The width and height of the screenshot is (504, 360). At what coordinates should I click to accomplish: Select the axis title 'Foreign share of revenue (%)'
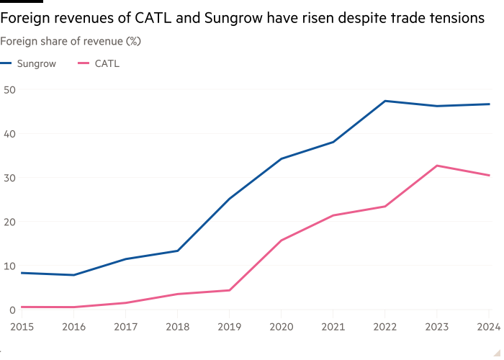pos(71,42)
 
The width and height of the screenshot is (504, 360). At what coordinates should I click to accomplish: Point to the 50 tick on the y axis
pos(9,90)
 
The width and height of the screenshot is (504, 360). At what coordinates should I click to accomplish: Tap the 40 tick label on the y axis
pos(9,134)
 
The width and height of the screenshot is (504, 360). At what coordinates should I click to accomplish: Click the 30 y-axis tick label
pos(9,178)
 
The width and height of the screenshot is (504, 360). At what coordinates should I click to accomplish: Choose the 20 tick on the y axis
pos(9,222)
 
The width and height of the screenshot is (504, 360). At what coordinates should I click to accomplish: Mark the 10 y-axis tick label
pos(9,266)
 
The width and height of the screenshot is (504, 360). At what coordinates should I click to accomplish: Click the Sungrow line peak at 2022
pos(385,101)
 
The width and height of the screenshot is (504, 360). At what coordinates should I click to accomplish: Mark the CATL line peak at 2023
pos(437,166)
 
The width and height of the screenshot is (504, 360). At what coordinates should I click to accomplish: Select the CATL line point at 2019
pos(229,290)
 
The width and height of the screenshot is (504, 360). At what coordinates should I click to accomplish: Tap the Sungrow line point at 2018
pos(177,251)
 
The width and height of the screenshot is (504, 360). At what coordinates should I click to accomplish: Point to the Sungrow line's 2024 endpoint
pos(489,104)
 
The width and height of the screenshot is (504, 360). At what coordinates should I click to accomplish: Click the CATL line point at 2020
pos(281,240)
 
